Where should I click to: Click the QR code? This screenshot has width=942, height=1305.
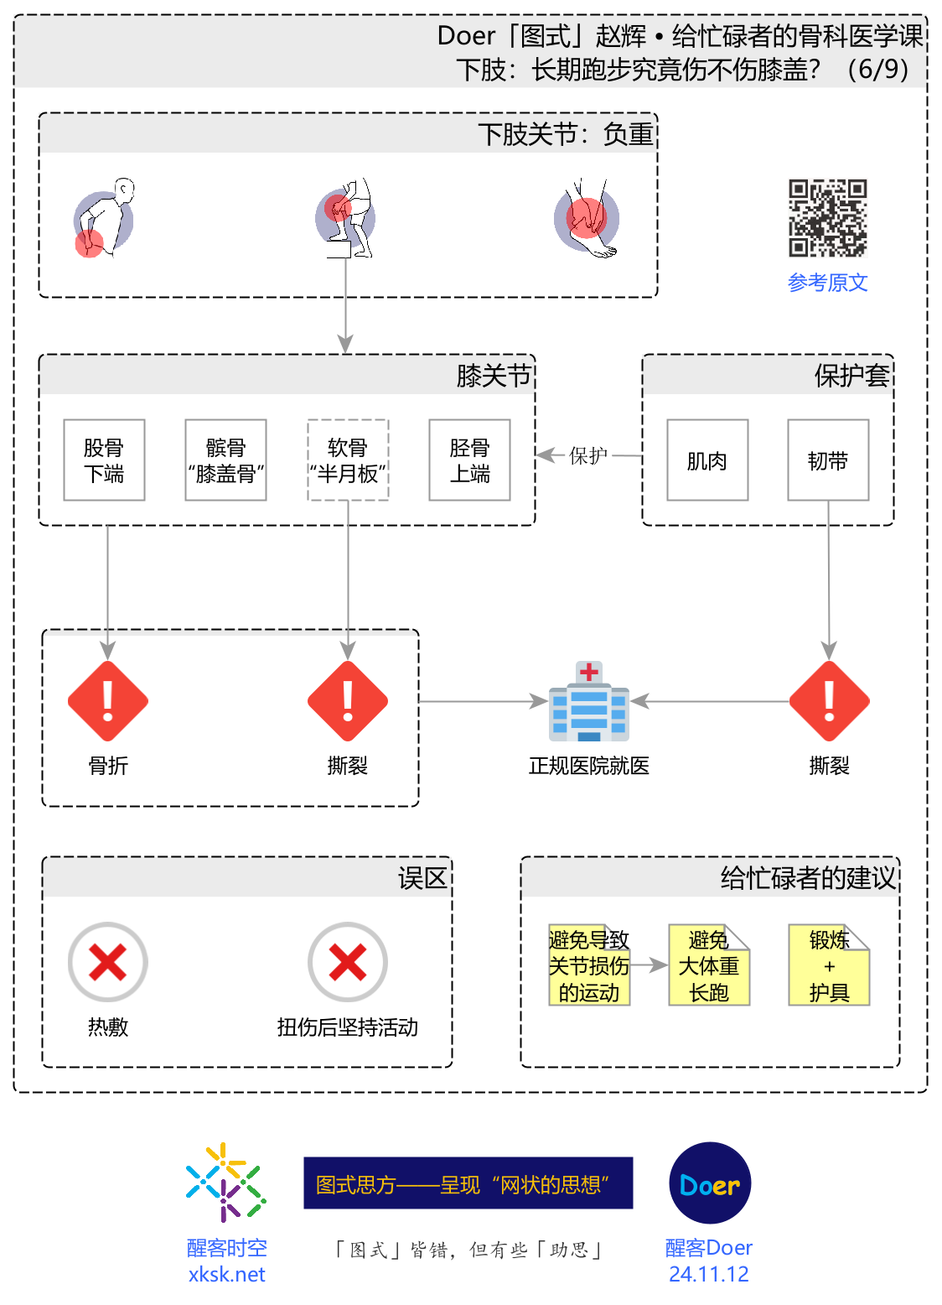[x=827, y=218]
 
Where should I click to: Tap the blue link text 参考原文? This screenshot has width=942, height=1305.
[x=827, y=283]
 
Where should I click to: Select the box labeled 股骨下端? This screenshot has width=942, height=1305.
[x=105, y=460]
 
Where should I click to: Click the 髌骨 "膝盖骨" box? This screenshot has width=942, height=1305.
[x=225, y=460]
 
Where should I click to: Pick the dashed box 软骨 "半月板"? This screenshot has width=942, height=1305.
[x=348, y=460]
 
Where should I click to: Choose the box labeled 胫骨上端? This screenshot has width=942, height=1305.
[x=469, y=460]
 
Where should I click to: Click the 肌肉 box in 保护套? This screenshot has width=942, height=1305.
[x=707, y=460]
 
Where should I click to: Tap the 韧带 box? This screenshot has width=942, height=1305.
[x=828, y=460]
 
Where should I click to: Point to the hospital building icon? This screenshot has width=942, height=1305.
[x=589, y=702]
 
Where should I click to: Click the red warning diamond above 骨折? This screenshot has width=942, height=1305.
[x=108, y=701]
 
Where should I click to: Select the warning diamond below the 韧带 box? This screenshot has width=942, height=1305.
[x=829, y=701]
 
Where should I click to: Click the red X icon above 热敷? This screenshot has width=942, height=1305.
[x=108, y=962]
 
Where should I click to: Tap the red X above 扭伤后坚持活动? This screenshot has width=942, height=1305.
[x=348, y=962]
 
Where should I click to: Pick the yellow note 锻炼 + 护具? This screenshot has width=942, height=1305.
[x=829, y=965]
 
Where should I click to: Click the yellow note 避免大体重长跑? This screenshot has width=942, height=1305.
[x=709, y=965]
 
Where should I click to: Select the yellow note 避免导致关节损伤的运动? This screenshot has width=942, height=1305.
[x=589, y=965]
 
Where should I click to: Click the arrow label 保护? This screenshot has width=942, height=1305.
[x=588, y=455]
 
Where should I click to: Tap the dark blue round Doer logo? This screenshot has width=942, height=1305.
[x=710, y=1183]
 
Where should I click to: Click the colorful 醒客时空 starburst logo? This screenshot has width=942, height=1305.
[x=225, y=1183]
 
